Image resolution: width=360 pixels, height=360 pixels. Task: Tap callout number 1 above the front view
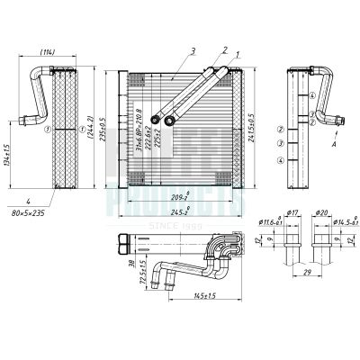[x=238, y=56]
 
